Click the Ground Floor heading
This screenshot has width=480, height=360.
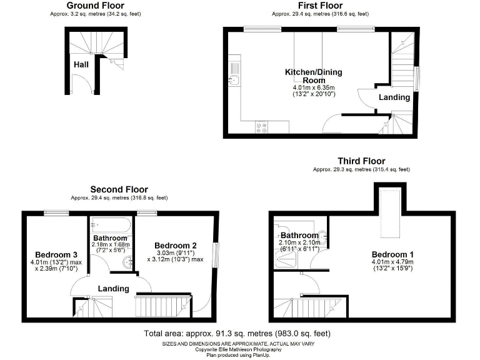click(x=86, y=6)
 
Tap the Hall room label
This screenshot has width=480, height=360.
click(x=81, y=64)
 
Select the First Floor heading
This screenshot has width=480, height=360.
click(x=319, y=6)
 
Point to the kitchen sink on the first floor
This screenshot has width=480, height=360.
click(x=234, y=79)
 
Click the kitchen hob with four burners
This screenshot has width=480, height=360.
click(x=261, y=126)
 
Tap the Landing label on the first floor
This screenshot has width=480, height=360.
click(x=395, y=97)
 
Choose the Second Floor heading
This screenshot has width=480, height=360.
click(x=119, y=189)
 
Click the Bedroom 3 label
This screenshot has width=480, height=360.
click(x=56, y=255)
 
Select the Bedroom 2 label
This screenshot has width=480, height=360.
click(x=176, y=245)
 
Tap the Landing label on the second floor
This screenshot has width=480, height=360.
click(x=113, y=289)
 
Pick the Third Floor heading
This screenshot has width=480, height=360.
click(x=361, y=161)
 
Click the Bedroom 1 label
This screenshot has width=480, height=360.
click(x=393, y=254)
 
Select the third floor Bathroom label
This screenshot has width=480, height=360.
click(x=299, y=236)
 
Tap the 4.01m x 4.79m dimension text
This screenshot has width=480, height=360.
click(x=393, y=262)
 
